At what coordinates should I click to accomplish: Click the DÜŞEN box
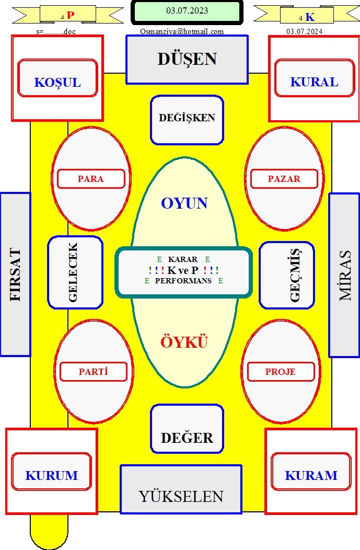click(187, 60)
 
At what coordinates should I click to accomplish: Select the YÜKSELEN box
click(181, 489)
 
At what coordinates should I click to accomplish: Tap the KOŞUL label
click(57, 78)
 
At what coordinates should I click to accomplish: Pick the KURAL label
click(315, 78)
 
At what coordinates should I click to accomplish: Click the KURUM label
click(52, 472)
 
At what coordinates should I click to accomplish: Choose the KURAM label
click(311, 472)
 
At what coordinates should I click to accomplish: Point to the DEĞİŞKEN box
click(187, 120)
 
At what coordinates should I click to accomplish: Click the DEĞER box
click(187, 429)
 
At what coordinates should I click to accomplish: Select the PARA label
click(91, 179)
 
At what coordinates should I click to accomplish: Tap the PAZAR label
click(284, 179)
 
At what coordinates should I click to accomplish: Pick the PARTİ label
click(94, 372)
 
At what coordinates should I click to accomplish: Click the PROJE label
click(281, 372)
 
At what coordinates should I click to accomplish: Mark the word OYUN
click(184, 203)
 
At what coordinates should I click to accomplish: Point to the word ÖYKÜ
click(184, 342)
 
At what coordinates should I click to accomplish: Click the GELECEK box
click(75, 272)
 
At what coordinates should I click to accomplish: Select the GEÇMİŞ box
click(287, 276)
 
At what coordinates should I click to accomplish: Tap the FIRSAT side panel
click(16, 274)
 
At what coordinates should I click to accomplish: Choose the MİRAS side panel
click(344, 275)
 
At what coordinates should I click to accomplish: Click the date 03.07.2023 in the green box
click(187, 11)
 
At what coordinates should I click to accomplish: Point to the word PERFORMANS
click(183, 281)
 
